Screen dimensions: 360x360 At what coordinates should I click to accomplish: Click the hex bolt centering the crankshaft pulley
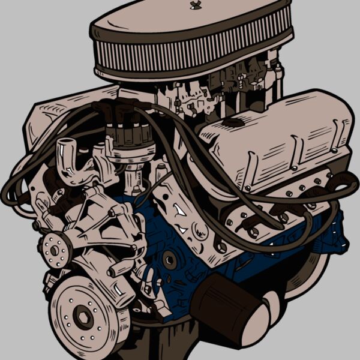tap(82, 317)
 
